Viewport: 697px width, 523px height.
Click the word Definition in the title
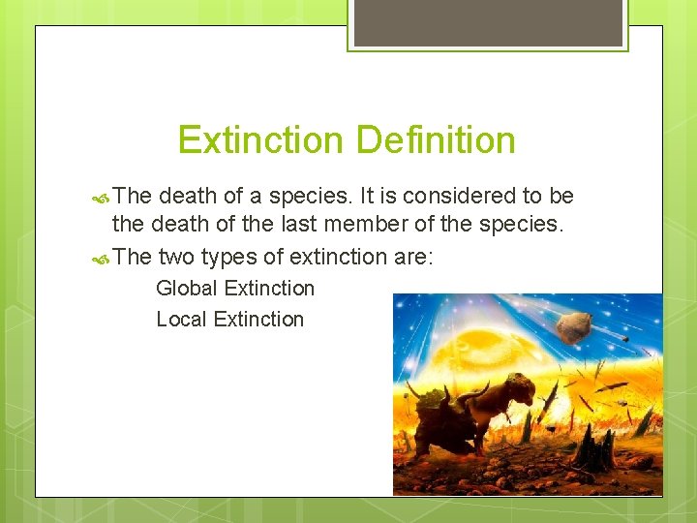[436, 140]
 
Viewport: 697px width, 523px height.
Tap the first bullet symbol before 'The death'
[103, 197]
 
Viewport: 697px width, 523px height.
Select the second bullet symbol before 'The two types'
[103, 257]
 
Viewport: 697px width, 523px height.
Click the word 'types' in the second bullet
[228, 257]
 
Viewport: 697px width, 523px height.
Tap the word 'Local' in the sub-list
[182, 319]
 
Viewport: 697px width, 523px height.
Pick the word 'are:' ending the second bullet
[411, 257]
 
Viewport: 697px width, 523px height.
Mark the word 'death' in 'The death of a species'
[188, 196]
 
